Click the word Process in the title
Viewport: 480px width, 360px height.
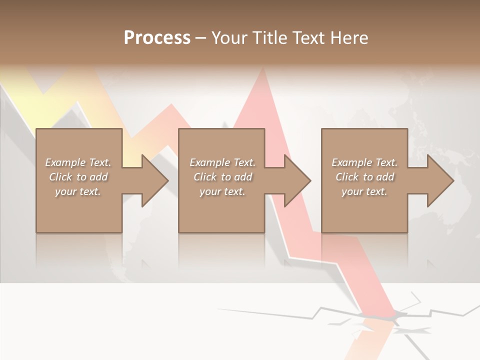click(157, 38)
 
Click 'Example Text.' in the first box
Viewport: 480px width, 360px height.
click(78, 162)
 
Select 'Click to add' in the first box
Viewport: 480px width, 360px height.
click(78, 177)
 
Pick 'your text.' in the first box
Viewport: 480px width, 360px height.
click(78, 191)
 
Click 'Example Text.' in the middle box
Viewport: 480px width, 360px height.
click(222, 162)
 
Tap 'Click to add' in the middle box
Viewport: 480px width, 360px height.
click(222, 177)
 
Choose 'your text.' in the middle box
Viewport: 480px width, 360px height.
click(222, 191)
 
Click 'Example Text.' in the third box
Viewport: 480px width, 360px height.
click(364, 162)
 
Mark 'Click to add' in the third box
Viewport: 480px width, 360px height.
click(364, 177)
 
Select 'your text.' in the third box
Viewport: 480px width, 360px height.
click(364, 191)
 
